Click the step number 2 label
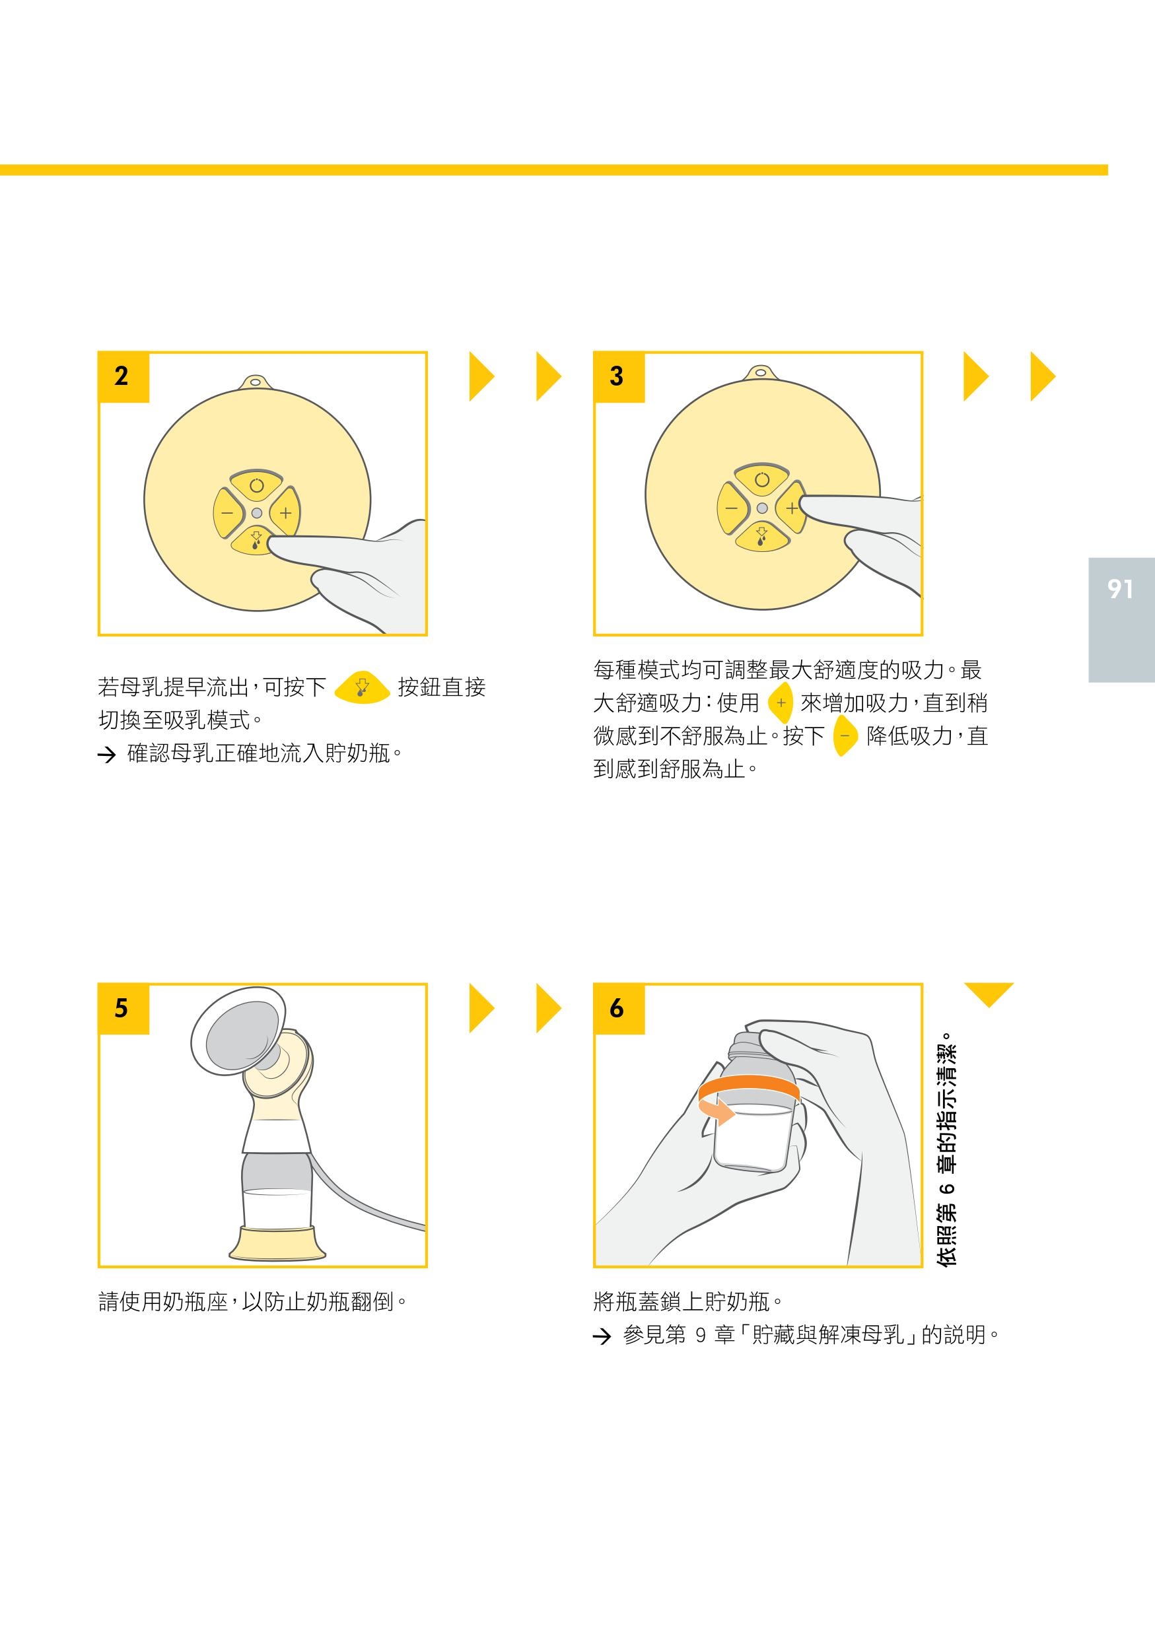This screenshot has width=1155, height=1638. pos(122,376)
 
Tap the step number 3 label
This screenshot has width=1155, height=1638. pos(616,376)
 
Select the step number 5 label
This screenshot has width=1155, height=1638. pos(122,1008)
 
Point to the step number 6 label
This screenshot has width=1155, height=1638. pos(616,1008)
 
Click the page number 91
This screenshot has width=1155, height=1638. pos(1120,588)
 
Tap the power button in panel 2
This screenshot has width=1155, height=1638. pos(257,485)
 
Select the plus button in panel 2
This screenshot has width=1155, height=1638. pos(285,512)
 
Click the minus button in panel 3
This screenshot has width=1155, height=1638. pos(732,508)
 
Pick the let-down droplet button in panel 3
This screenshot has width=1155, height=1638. pos(762,536)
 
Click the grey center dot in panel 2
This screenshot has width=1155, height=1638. pos(257,512)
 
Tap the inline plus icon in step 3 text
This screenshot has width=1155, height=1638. pos(781,702)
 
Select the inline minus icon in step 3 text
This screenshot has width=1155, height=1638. pos(845,735)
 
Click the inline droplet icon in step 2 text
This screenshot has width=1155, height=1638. pos(362,687)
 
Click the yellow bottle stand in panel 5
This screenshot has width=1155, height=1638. pos(277,1242)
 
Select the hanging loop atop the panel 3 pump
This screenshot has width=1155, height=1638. pos(761,372)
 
